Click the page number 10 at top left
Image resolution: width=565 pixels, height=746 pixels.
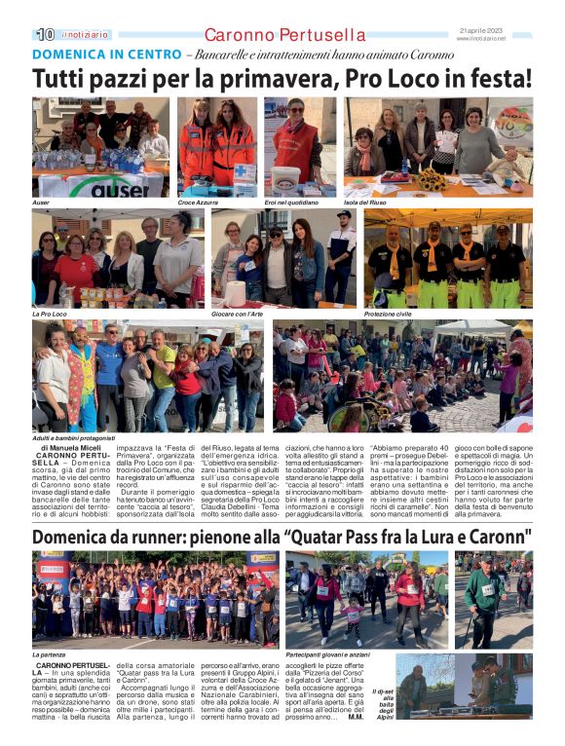(45, 34)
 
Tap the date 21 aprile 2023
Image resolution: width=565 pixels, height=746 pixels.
(481, 30)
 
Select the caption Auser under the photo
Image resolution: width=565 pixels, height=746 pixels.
(41, 202)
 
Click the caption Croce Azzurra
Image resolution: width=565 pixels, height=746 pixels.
(197, 202)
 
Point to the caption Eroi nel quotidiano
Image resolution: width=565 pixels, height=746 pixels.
(290, 202)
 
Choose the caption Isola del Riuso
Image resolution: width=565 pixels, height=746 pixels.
(364, 202)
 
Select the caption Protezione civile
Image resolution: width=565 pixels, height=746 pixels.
(387, 314)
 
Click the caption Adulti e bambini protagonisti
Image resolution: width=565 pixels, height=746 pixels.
(73, 438)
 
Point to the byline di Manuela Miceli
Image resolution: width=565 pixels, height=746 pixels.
(69, 446)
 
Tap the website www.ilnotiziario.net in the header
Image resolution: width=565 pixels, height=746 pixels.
(481, 38)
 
